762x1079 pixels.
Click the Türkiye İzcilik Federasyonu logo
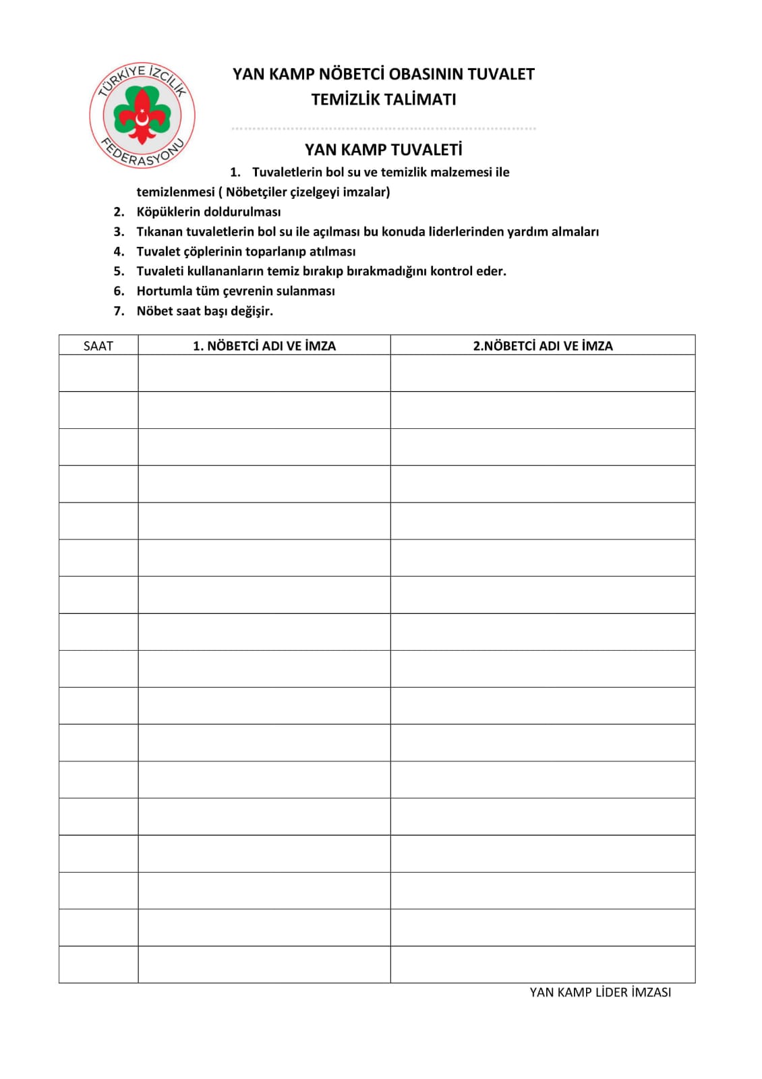pos(142,115)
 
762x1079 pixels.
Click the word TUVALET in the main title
pos(500,74)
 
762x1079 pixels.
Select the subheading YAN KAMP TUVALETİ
pos(383,150)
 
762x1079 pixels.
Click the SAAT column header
pos(98,346)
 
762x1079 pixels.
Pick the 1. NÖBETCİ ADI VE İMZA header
pos(264,346)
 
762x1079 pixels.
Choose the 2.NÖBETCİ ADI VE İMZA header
pos(543,346)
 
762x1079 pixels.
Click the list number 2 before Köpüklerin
pos(119,212)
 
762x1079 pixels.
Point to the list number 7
pos(119,311)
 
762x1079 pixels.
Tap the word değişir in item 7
pos(251,312)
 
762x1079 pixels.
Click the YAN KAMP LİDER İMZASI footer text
pos(600,992)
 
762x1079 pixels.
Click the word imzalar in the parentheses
pos(365,192)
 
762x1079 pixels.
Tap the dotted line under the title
pos(383,128)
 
